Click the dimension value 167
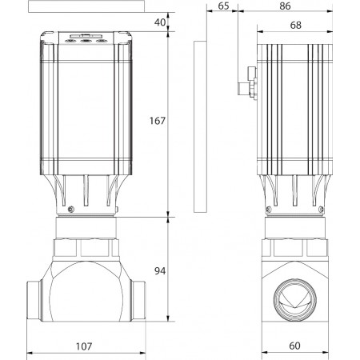(x=158, y=121)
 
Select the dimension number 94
(x=160, y=271)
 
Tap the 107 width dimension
(x=84, y=346)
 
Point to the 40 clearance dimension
(x=160, y=22)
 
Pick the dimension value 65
(x=223, y=6)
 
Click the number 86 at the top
(x=285, y=6)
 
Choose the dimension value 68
(x=296, y=25)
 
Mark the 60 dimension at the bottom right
(x=294, y=346)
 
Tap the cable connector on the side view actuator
(x=247, y=82)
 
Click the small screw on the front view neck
(x=71, y=210)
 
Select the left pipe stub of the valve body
(x=34, y=300)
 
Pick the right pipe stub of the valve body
(x=138, y=300)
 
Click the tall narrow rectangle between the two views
(x=200, y=126)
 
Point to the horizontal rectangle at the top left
(x=86, y=6)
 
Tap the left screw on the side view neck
(x=269, y=210)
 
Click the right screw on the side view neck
(x=322, y=210)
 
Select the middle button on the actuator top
(x=86, y=41)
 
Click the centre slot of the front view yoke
(x=86, y=190)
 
